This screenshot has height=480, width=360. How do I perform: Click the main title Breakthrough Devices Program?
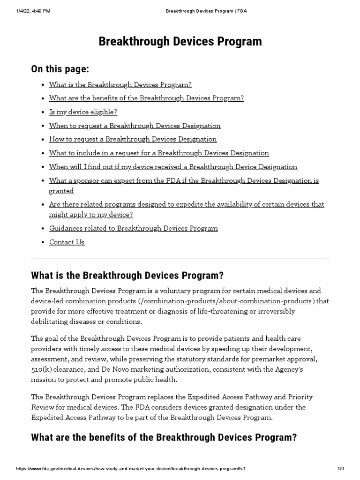click(180, 41)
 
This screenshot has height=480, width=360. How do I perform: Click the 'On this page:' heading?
click(60, 69)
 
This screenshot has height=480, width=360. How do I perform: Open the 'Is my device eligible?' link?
click(83, 112)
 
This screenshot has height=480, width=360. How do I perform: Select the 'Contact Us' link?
click(67, 242)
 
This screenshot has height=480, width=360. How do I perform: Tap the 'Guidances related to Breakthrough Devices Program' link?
click(133, 228)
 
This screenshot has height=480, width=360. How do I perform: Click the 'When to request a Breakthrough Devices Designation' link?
click(135, 126)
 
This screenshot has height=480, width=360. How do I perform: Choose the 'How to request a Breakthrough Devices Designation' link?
click(133, 139)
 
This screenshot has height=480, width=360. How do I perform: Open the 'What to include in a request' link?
click(159, 153)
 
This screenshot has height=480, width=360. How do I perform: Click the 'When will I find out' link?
click(173, 167)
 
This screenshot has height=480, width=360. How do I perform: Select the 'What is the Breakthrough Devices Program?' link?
click(120, 85)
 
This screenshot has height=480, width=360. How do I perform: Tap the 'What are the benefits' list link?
click(146, 98)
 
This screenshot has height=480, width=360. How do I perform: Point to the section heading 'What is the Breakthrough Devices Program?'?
click(127, 275)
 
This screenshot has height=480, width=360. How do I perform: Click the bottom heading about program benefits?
click(164, 437)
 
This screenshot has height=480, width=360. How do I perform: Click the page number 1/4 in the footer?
click(340, 469)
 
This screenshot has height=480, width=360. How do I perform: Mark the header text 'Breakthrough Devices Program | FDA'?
click(206, 11)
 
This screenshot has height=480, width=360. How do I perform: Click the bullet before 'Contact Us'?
click(43, 242)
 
